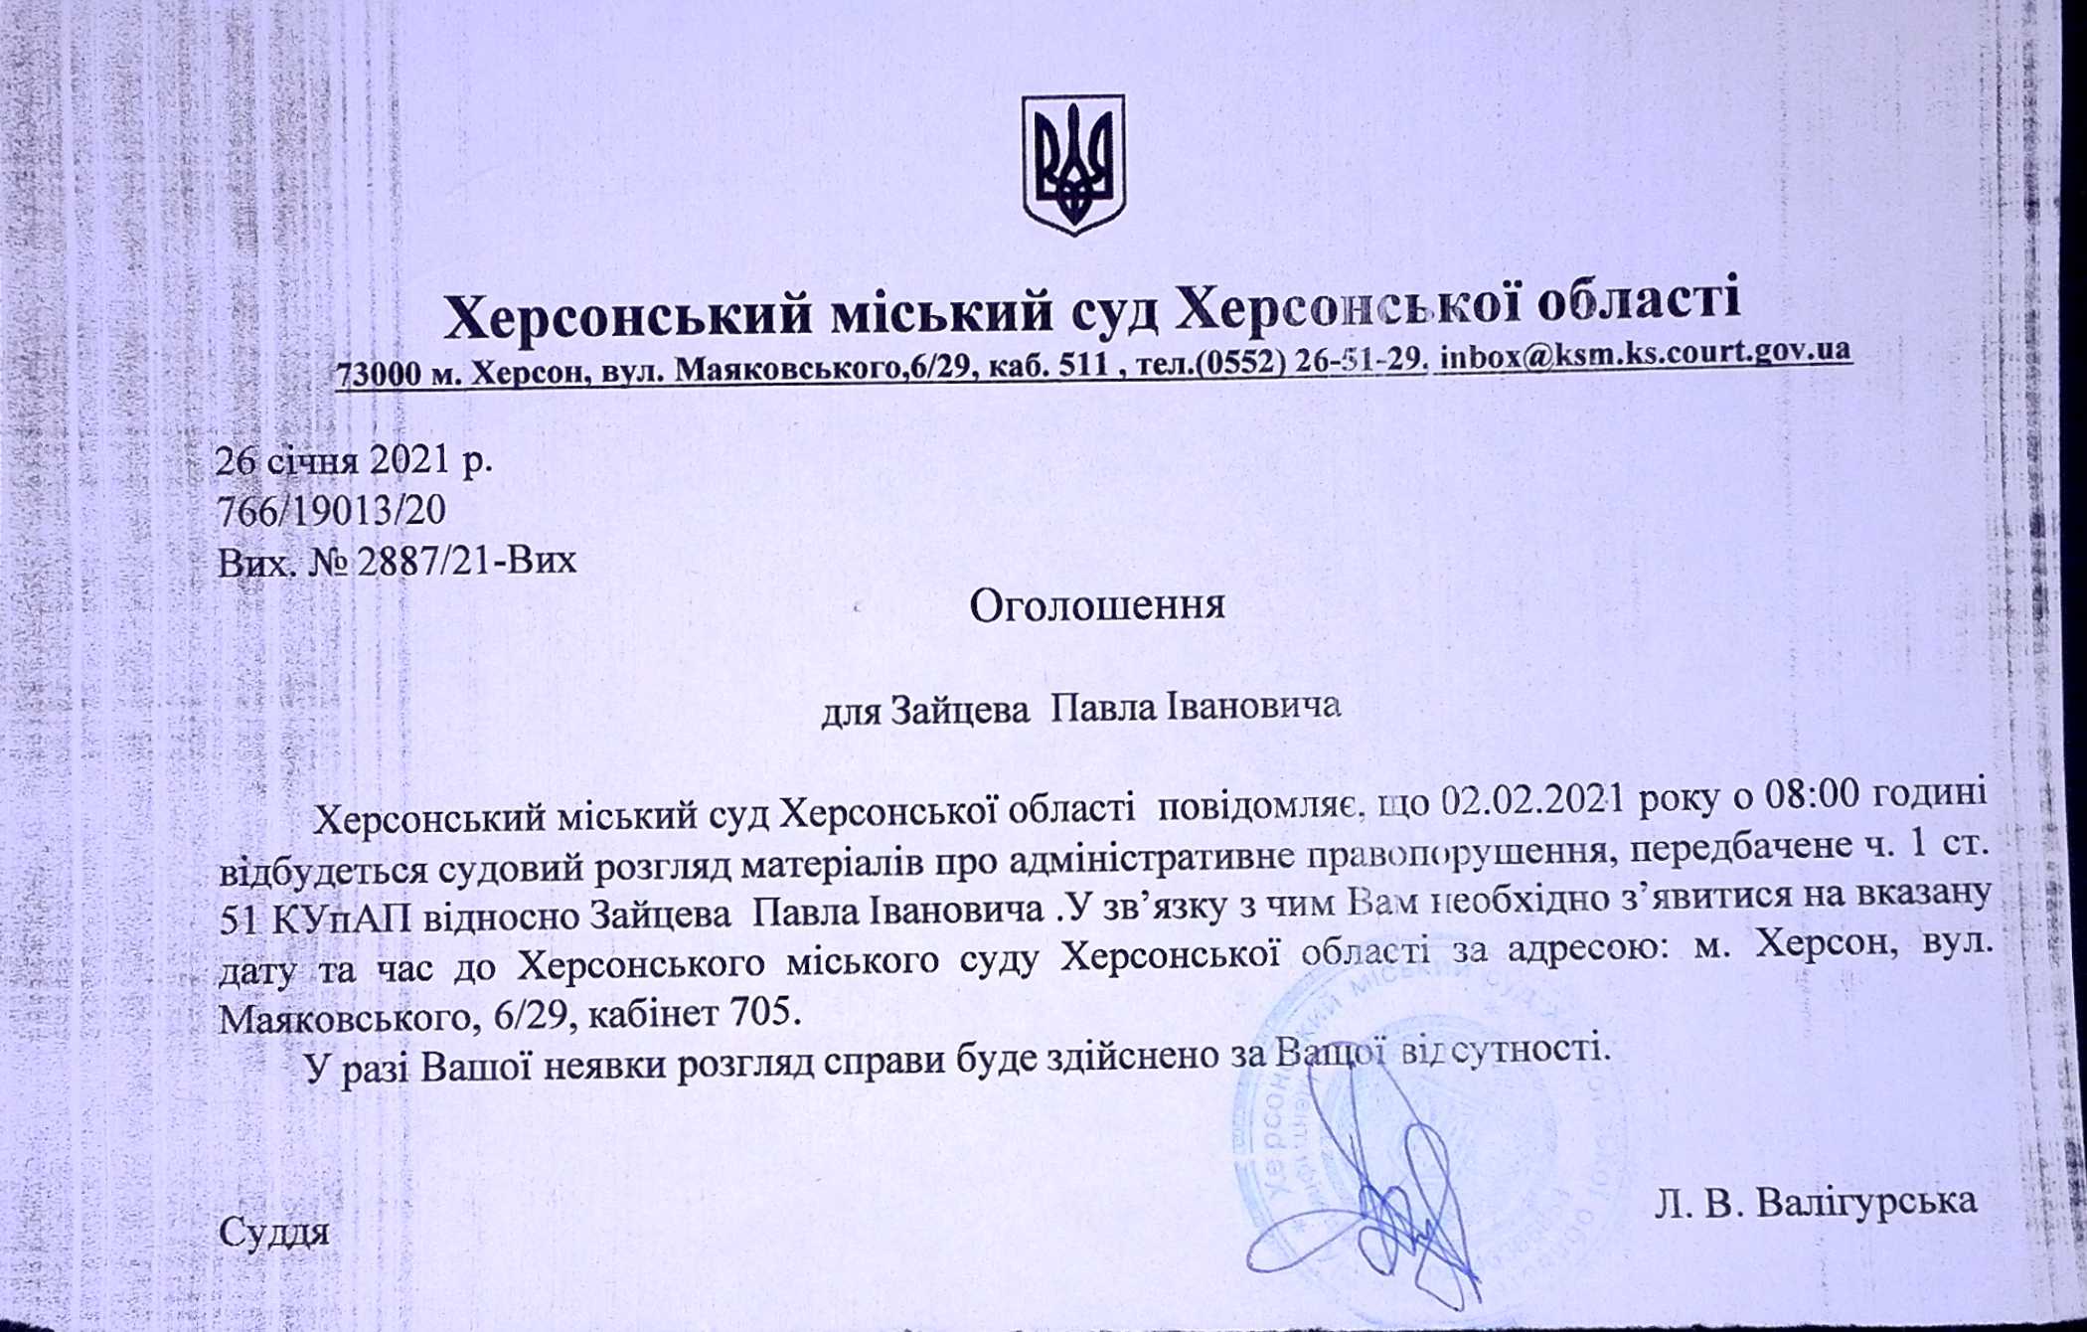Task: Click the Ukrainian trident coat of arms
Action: coord(1073,164)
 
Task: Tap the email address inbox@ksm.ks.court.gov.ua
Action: coord(1645,353)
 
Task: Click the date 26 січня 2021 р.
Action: coord(354,460)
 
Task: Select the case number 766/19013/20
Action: coord(332,510)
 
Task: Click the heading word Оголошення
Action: coord(1096,604)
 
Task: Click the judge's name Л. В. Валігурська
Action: coord(1816,1201)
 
